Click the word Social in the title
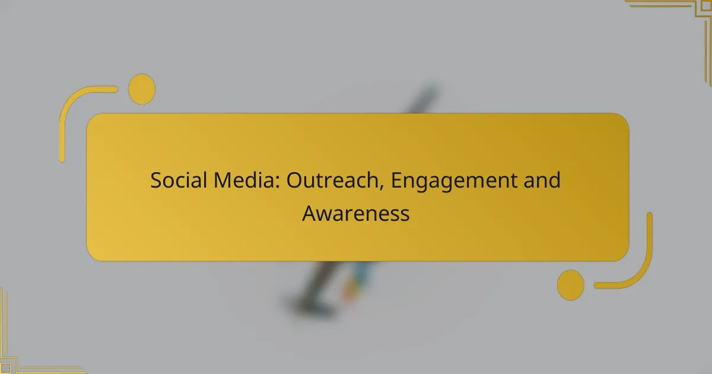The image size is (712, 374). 174,180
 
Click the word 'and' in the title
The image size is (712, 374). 542,180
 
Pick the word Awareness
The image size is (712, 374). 356,213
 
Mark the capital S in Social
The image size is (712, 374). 155,180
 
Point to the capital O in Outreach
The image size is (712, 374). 294,180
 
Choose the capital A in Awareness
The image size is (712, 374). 309,213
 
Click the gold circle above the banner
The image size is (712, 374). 142,89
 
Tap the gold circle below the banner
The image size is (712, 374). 570,284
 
